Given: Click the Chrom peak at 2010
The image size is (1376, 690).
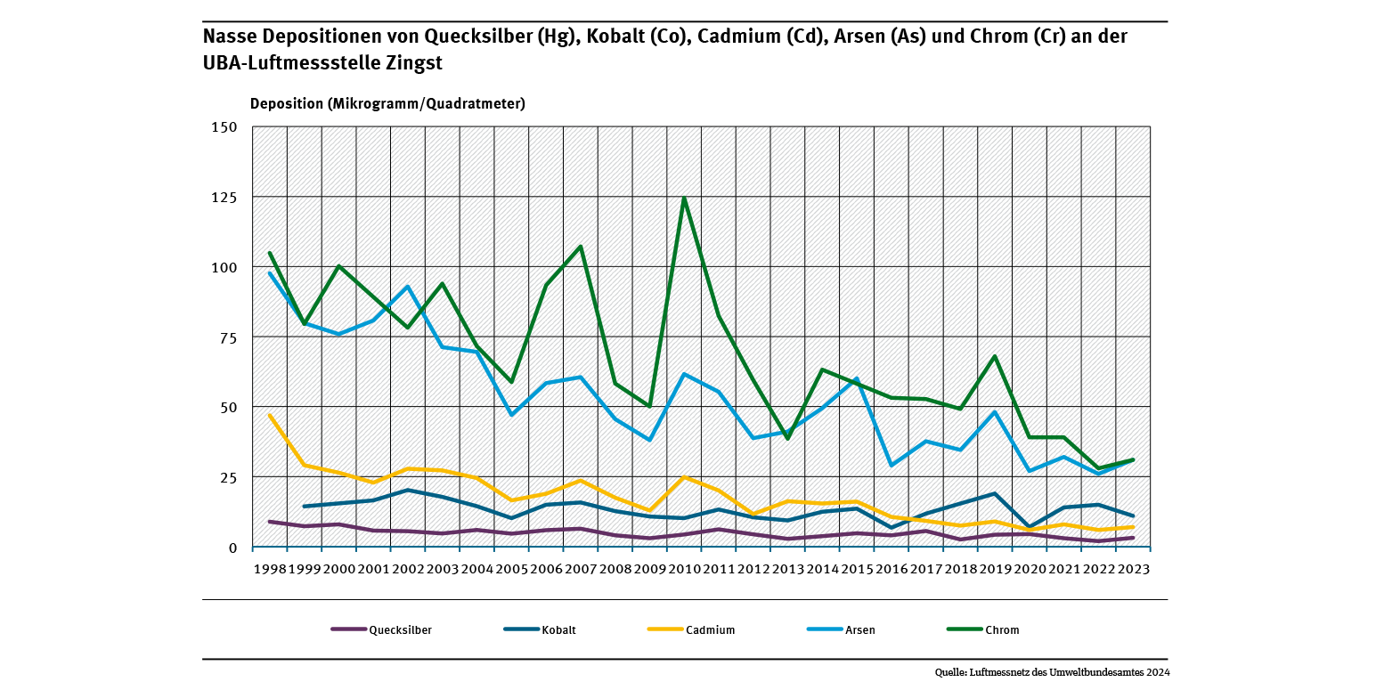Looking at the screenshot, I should [684, 198].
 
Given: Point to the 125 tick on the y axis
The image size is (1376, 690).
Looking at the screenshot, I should [224, 197].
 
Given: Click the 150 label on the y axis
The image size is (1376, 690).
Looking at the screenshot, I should [224, 126].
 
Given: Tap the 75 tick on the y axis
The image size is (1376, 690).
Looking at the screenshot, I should [228, 337].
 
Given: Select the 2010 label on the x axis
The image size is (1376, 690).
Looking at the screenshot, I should [684, 567].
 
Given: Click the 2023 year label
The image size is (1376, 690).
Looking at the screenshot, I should [1133, 567].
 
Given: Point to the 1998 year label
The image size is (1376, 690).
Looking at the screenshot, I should [270, 567].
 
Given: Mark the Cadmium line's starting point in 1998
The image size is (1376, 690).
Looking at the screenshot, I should [270, 416].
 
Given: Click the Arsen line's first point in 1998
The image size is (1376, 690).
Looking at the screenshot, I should [270, 273].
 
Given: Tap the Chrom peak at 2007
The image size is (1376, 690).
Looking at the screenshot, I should [581, 247].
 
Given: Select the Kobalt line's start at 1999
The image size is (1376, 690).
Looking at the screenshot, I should [305, 507].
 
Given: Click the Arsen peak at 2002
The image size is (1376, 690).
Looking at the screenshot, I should [408, 287].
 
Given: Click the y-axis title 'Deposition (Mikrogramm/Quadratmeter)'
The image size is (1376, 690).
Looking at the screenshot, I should [387, 103].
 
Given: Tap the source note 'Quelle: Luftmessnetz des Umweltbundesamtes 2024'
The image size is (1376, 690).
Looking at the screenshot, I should [1052, 672].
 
